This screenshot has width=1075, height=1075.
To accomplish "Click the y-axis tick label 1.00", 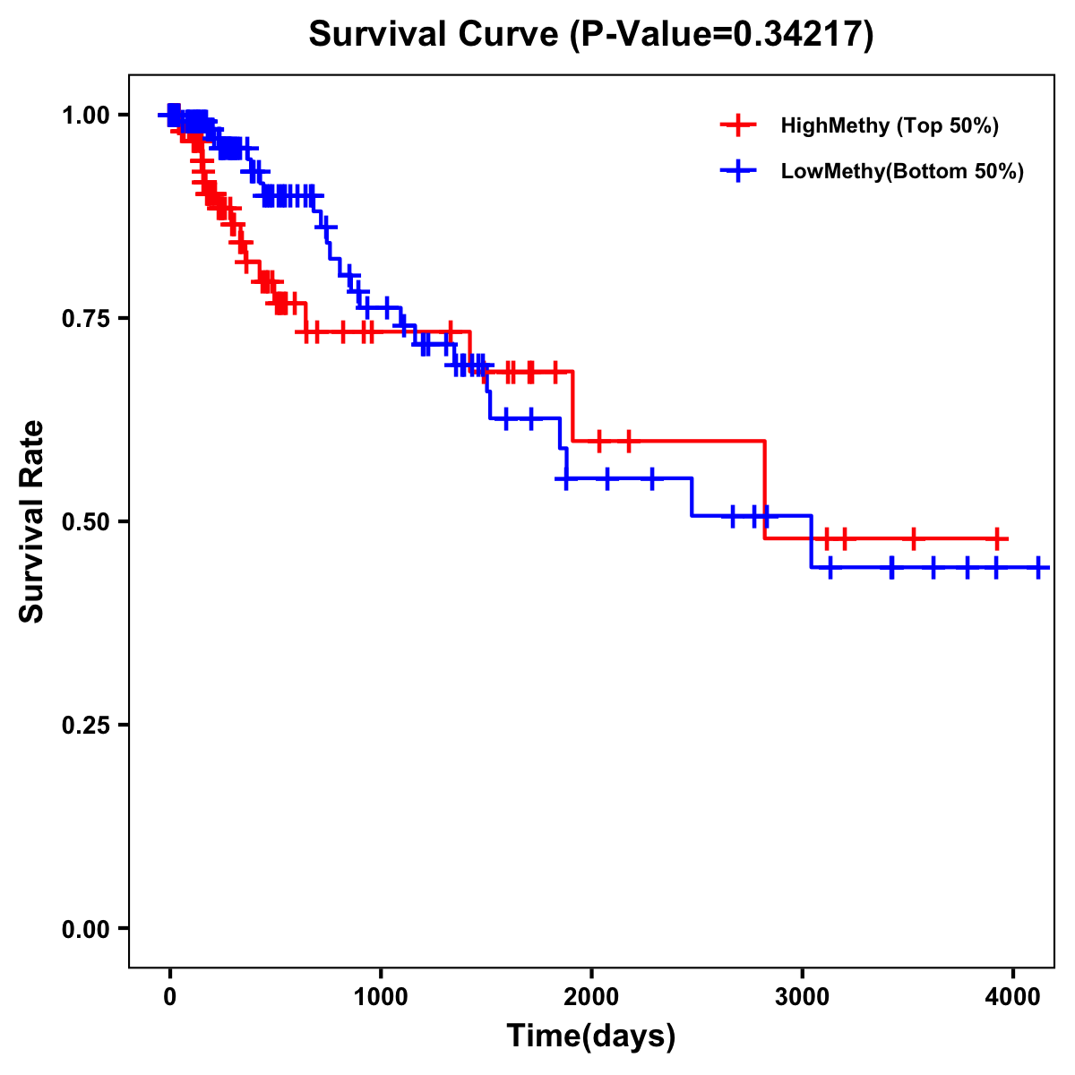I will click(86, 115).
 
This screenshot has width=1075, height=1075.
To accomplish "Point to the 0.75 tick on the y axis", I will click(86, 318).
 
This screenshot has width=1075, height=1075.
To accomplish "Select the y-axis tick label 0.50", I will click(86, 521).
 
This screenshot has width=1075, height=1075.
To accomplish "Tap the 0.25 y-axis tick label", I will click(86, 725).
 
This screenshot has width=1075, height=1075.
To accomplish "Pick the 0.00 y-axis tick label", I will click(86, 928).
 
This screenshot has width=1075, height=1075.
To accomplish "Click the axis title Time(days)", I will click(591, 1036).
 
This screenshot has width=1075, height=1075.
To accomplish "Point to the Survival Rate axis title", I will click(32, 521).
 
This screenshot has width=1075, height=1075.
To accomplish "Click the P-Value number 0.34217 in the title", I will click(799, 34).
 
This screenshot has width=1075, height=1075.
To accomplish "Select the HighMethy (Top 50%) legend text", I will click(890, 125).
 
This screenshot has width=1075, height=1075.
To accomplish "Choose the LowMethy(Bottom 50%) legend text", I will click(902, 172).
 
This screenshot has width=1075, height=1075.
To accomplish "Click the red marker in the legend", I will click(738, 125).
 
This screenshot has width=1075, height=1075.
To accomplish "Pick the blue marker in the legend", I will click(738, 172).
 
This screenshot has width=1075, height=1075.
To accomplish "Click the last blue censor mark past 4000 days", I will click(1038, 568).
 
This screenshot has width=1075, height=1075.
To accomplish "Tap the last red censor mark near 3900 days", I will click(996, 539).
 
